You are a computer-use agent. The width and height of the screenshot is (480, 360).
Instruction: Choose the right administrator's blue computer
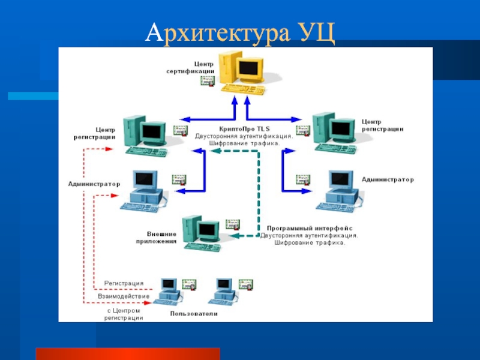[340, 189]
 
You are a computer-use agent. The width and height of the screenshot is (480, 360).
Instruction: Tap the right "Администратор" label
[388, 179]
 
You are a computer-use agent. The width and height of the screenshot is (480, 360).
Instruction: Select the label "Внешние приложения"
[161, 238]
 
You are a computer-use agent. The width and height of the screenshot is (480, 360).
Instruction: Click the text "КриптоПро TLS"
[244, 128]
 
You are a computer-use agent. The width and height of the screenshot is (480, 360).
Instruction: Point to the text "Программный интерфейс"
[309, 229]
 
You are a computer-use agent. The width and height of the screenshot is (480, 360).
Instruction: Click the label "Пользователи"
[194, 314]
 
